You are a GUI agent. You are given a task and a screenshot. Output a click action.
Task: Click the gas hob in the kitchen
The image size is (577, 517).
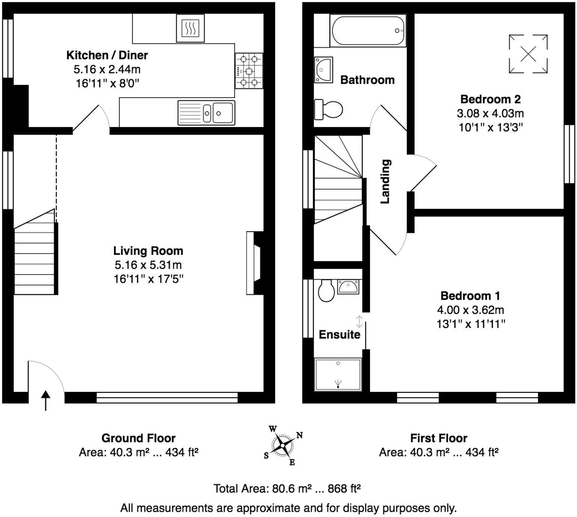(249, 71)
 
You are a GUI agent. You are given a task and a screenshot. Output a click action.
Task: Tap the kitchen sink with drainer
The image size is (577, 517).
(207, 113)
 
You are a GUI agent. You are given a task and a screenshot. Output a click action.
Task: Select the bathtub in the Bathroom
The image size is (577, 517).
(368, 30)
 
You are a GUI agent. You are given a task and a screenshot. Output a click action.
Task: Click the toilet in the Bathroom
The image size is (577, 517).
(328, 109)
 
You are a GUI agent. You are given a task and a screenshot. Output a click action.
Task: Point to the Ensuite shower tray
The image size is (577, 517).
(338, 375)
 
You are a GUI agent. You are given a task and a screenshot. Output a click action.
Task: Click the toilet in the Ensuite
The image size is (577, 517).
(326, 290)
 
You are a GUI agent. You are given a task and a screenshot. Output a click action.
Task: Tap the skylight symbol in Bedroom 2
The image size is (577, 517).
(528, 54)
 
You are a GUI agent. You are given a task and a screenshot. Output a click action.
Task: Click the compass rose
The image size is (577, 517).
(282, 445)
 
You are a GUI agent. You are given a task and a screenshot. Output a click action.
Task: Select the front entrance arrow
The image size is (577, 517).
(45, 401)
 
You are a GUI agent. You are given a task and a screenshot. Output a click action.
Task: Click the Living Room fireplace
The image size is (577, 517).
(255, 263)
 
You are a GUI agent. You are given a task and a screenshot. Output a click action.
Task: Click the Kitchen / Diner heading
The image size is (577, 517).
(107, 55)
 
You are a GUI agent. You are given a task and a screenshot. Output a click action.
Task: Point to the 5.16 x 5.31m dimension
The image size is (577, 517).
(148, 265)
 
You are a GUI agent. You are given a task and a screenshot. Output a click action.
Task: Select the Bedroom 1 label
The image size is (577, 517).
(470, 296)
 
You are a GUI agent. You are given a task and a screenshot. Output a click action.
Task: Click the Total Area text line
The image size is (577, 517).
(287, 488)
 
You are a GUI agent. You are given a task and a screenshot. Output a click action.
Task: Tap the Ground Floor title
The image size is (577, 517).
(138, 438)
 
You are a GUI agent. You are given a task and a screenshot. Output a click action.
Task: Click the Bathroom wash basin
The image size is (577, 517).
(323, 70)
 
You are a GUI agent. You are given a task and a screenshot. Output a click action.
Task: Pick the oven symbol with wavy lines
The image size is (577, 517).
(190, 28)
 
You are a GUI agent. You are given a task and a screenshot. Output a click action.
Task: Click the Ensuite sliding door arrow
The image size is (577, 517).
(359, 321)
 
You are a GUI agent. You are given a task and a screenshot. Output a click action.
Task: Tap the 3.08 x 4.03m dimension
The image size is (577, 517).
(491, 113)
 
